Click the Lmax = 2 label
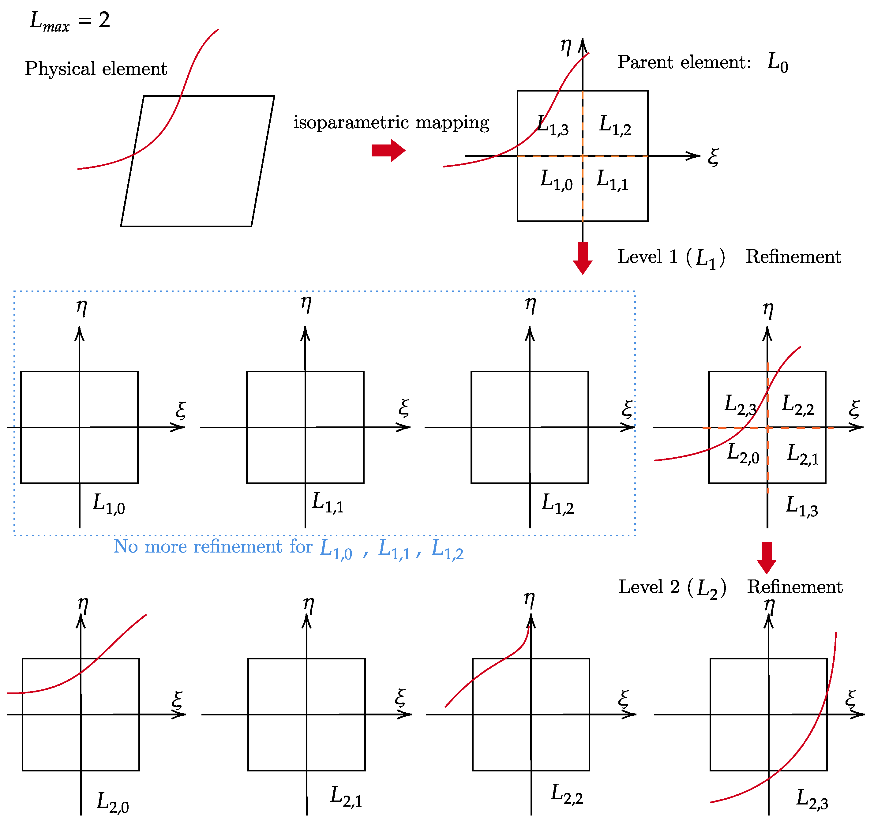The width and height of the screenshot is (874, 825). click(69, 21)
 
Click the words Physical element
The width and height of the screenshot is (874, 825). click(96, 69)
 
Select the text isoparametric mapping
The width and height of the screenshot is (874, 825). click(391, 123)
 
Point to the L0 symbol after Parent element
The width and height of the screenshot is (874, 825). click(777, 62)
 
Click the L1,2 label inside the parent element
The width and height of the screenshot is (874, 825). click(615, 125)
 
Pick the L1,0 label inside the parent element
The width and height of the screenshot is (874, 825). click(556, 180)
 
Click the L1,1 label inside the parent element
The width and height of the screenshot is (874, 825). click(612, 180)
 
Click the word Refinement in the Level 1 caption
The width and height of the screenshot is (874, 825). click(793, 257)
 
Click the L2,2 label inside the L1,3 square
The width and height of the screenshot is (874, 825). click(797, 405)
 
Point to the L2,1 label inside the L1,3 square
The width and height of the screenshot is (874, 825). click(802, 455)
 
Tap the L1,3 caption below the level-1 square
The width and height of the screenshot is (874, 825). click(801, 506)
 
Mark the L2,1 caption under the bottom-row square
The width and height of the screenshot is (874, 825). click(346, 797)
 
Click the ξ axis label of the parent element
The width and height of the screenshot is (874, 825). click(713, 157)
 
